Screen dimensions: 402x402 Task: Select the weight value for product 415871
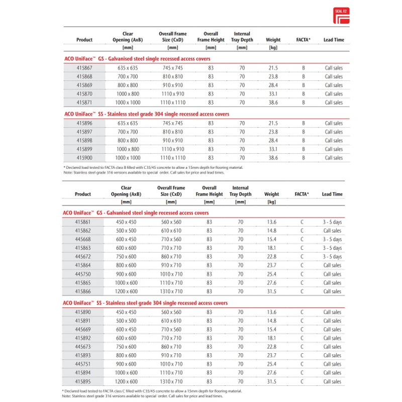point(273,103)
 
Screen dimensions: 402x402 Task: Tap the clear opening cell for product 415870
point(128,94)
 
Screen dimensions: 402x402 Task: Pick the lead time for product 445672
point(332,256)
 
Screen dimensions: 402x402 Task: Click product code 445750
point(83,274)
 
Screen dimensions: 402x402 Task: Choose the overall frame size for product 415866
point(171,291)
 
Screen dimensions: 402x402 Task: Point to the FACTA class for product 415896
point(304,123)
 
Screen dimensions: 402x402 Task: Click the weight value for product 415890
point(272,312)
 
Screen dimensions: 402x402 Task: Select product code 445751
point(83,364)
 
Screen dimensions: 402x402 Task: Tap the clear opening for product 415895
point(127,381)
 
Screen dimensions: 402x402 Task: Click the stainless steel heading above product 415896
point(147,114)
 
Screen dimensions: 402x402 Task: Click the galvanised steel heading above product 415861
point(136,213)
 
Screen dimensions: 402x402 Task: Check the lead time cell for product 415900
point(334,158)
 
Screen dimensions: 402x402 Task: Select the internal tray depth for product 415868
point(242,76)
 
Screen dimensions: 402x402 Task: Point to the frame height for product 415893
point(210,355)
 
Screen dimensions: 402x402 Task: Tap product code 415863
point(83,248)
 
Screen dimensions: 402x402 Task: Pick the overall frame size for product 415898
point(173,140)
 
